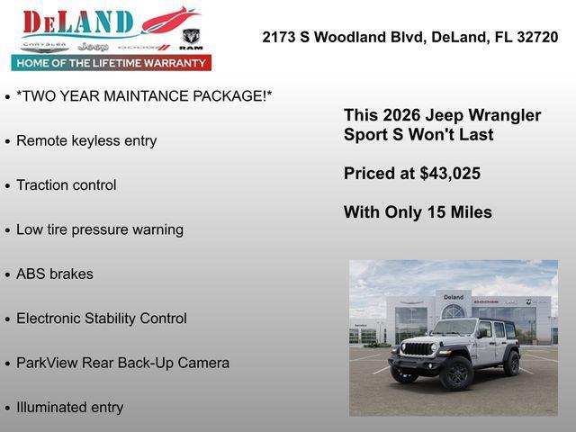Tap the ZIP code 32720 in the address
(x=537, y=38)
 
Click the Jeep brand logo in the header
(x=93, y=46)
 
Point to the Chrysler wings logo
(x=45, y=46)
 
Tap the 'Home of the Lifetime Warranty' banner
(x=112, y=63)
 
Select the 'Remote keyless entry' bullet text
(x=86, y=140)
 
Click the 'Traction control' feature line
(x=67, y=185)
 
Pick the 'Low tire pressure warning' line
(x=100, y=229)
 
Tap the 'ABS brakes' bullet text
(x=55, y=274)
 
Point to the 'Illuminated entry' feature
(x=69, y=407)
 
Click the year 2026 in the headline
(x=402, y=116)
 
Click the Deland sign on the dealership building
(x=454, y=297)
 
